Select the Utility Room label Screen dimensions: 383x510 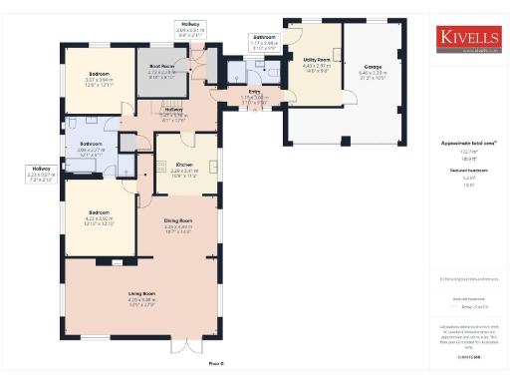[x=317, y=61]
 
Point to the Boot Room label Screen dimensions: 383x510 [x=161, y=69]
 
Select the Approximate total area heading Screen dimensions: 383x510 [x=468, y=144]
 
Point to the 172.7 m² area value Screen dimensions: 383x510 [x=468, y=152]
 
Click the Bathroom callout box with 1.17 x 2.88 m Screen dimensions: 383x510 [x=264, y=42]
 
